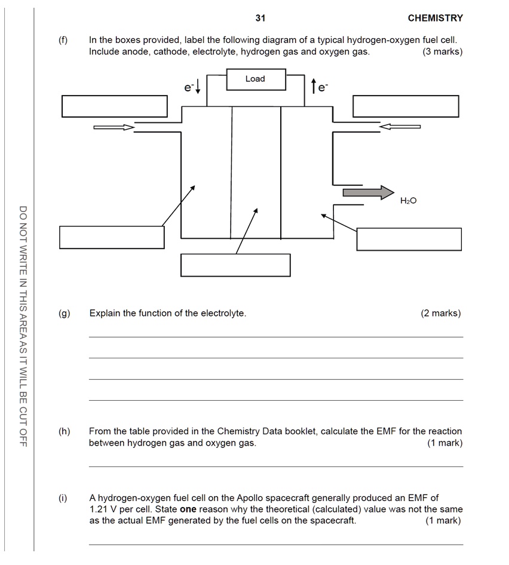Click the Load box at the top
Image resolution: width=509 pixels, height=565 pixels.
pyautogui.click(x=256, y=79)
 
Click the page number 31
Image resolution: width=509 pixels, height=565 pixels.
pyautogui.click(x=260, y=18)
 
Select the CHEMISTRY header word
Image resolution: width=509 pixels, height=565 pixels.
pyautogui.click(x=435, y=18)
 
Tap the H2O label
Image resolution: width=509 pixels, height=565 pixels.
pyautogui.click(x=409, y=201)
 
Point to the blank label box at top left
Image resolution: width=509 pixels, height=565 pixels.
pyautogui.click(x=114, y=106)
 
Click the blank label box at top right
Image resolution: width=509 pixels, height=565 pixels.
pyautogui.click(x=406, y=106)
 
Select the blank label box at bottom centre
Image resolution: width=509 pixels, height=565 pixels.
pyautogui.click(x=235, y=265)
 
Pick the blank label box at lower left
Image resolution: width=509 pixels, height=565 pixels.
pyautogui.click(x=112, y=237)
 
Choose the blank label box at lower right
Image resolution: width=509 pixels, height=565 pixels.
pyautogui.click(x=409, y=239)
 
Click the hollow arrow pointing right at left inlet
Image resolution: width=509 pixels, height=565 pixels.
pyautogui.click(x=114, y=127)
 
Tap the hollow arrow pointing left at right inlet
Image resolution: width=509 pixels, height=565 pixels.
pyautogui.click(x=400, y=127)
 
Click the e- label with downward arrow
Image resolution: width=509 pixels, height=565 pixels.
pyautogui.click(x=192, y=88)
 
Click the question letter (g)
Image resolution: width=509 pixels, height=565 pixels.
pyautogui.click(x=64, y=313)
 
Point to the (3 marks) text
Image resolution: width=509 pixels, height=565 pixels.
pyautogui.click(x=442, y=51)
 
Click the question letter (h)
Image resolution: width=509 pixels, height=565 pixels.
pyautogui.click(x=64, y=431)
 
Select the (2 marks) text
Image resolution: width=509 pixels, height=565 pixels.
pyautogui.click(x=441, y=313)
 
